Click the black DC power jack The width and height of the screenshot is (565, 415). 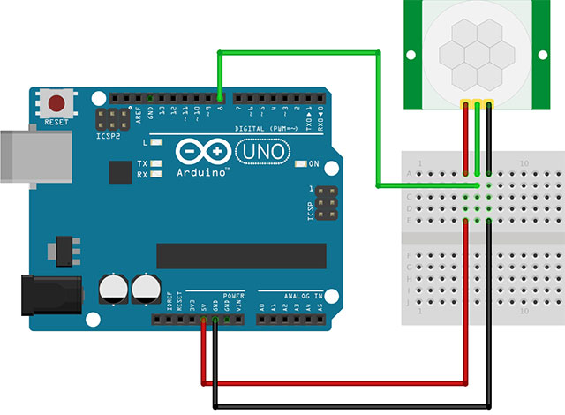tap(50, 297)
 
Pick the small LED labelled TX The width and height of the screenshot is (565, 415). tap(157, 163)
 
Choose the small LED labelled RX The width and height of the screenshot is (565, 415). tap(157, 174)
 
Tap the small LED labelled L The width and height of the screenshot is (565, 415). tap(157, 141)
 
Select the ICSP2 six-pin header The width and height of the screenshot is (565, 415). tap(113, 120)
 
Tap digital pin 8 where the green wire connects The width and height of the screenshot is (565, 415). tap(220, 95)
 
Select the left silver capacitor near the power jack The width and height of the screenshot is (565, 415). tap(112, 288)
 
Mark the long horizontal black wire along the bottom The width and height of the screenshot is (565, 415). tap(353, 407)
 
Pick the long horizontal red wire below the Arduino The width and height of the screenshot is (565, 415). tap(335, 384)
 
